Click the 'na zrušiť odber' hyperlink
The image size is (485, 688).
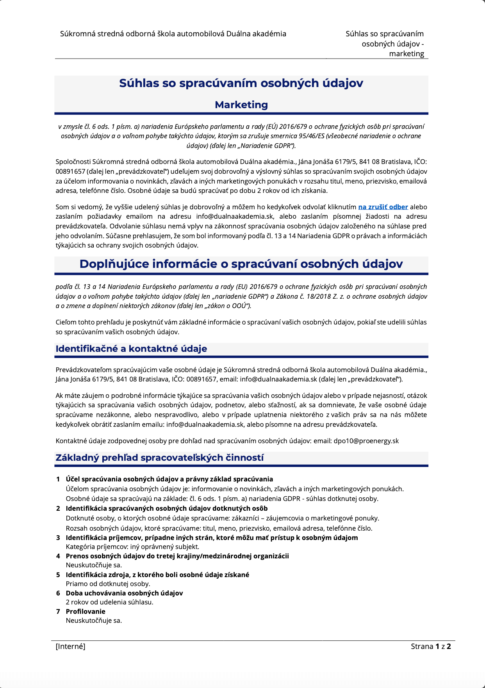click(383, 207)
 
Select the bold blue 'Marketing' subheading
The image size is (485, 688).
click(241, 105)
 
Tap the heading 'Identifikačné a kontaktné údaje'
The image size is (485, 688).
click(131, 349)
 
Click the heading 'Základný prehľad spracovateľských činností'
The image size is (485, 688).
click(159, 458)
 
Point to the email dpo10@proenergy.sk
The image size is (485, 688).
click(366, 441)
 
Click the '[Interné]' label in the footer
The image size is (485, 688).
click(70, 646)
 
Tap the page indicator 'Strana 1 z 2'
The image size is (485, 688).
click(431, 646)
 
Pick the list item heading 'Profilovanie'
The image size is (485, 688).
click(86, 611)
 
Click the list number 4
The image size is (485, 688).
click(58, 556)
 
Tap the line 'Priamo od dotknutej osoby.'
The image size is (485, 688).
click(108, 584)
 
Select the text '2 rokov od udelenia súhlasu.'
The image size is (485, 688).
click(109, 602)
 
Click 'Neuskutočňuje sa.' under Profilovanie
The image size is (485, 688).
click(94, 620)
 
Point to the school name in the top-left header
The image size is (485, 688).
click(173, 34)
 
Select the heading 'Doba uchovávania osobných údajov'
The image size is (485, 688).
click(124, 593)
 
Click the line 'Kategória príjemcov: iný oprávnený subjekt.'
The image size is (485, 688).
click(132, 547)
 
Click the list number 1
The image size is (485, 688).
click(58, 479)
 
